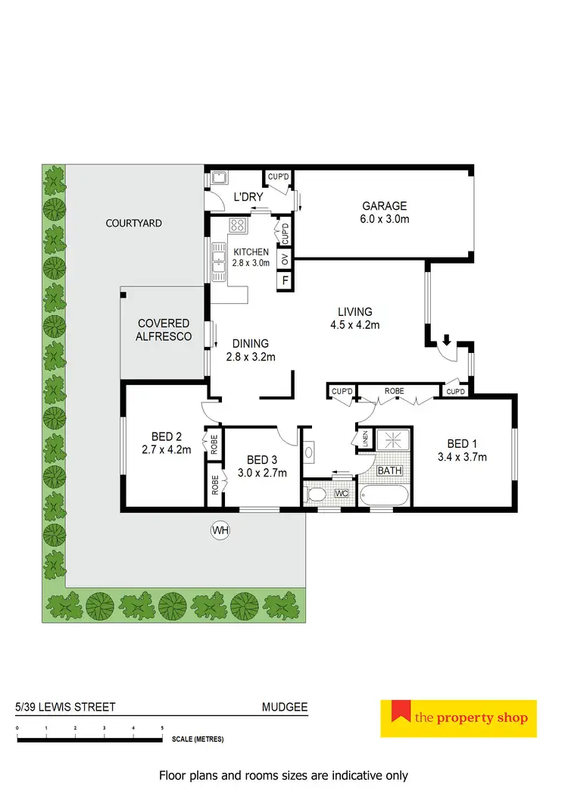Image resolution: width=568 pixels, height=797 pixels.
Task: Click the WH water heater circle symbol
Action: pyautogui.click(x=220, y=530)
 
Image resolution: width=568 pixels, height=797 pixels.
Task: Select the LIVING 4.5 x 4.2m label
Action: pyautogui.click(x=354, y=318)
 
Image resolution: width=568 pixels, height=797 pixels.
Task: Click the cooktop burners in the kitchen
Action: pyautogui.click(x=238, y=225)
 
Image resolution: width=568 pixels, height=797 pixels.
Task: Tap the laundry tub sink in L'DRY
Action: pyautogui.click(x=220, y=178)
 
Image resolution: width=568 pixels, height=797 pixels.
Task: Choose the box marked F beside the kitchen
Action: pyautogui.click(x=286, y=280)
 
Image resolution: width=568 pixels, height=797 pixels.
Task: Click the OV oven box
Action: pyautogui.click(x=286, y=261)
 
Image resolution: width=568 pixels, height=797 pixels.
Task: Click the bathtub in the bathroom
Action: pyautogui.click(x=384, y=496)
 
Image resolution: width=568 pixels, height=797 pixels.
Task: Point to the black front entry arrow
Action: pyautogui.click(x=447, y=340)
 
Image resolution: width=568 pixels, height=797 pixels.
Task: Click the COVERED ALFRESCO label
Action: pyautogui.click(x=164, y=330)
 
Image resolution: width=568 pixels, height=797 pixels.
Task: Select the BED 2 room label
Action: pyautogui.click(x=166, y=443)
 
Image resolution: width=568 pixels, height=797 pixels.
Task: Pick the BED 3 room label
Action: pyautogui.click(x=261, y=466)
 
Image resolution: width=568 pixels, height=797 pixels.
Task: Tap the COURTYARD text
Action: pyautogui.click(x=134, y=223)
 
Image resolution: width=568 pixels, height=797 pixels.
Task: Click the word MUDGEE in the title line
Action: pyautogui.click(x=280, y=708)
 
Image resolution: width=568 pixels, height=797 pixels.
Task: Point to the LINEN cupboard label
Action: pyautogui.click(x=366, y=439)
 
